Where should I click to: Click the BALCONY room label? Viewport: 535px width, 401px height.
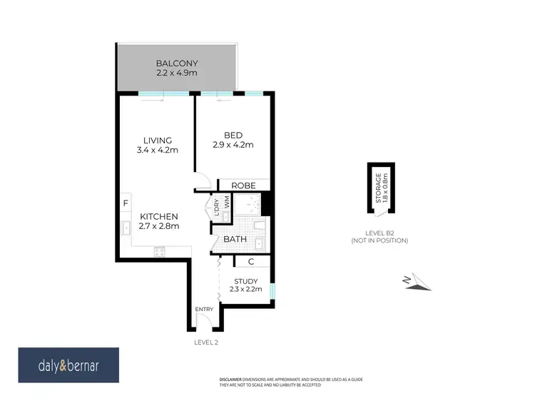[177, 63]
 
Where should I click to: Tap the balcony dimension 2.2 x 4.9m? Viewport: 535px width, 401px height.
[177, 73]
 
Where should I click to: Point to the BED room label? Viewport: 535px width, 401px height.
[233, 136]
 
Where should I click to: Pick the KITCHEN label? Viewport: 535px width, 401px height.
[158, 216]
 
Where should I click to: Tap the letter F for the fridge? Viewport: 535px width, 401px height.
[126, 203]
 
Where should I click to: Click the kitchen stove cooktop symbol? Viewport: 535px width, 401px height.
[159, 250]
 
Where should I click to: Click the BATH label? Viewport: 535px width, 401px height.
[235, 240]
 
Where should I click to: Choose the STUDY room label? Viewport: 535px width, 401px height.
[246, 280]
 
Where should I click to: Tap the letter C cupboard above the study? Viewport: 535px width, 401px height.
[251, 262]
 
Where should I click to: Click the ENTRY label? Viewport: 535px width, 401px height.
[205, 309]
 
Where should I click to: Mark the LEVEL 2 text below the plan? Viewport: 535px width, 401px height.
[206, 342]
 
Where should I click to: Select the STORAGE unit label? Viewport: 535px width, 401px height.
[379, 187]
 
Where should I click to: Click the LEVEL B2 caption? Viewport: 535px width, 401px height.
[379, 233]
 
